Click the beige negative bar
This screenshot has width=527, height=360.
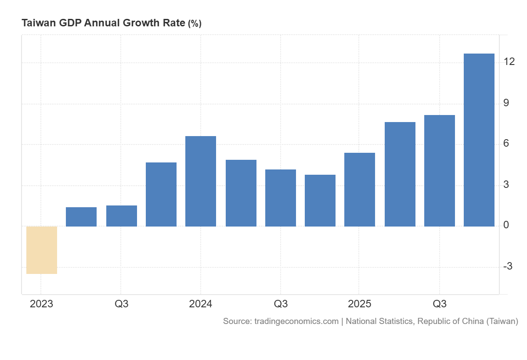point(42,250)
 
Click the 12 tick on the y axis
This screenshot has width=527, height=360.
point(509,62)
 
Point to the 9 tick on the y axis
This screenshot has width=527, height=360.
point(506,103)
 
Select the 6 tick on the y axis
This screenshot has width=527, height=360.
point(506,144)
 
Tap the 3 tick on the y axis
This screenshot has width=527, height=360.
point(506,184)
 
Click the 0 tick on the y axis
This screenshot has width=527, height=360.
point(506,225)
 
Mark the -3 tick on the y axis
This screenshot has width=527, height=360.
point(509,266)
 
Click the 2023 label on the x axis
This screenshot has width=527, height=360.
point(41,304)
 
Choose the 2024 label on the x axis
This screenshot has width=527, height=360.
point(201,304)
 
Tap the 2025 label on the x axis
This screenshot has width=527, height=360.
point(360,304)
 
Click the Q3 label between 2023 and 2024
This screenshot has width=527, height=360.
point(122,304)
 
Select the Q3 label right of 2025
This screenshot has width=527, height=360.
point(440,304)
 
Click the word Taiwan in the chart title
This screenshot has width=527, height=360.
point(37,23)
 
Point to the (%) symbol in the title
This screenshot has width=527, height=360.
point(195,24)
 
